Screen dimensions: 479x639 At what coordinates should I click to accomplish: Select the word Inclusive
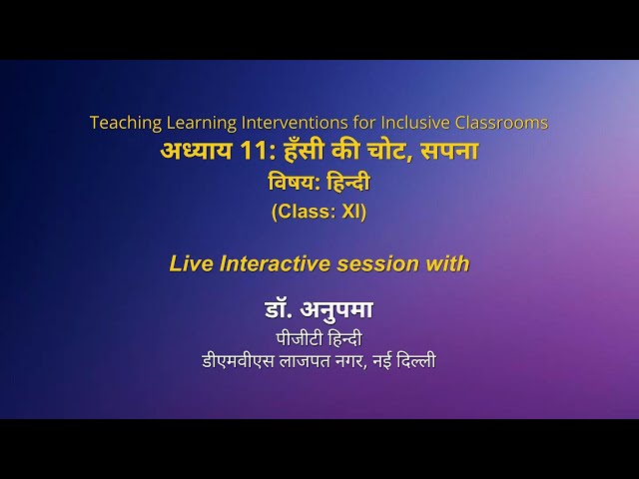tap(404, 123)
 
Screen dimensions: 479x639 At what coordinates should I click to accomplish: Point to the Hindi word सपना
tap(449, 153)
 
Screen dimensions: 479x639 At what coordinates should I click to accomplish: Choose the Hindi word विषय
tap(291, 183)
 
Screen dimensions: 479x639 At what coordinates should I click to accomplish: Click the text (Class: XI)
tap(319, 212)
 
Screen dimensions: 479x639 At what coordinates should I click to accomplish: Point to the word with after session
tap(447, 263)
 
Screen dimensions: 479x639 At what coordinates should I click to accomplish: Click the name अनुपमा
tap(338, 310)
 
